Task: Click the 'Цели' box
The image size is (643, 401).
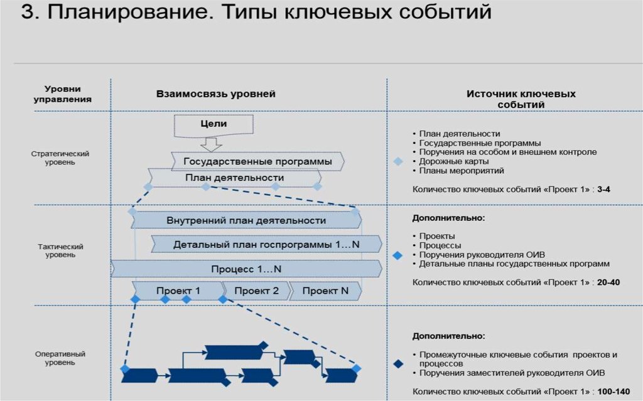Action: pyautogui.click(x=213, y=125)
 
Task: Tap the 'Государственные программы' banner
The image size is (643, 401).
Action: pyautogui.click(x=257, y=162)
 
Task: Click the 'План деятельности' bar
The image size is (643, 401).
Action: pyautogui.click(x=234, y=178)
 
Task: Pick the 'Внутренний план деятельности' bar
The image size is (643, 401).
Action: pyautogui.click(x=246, y=220)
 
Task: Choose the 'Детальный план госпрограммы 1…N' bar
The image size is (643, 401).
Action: pyautogui.click(x=266, y=244)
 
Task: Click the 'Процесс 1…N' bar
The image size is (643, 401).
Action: pyautogui.click(x=246, y=269)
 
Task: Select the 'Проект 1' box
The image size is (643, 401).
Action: pyautogui.click(x=178, y=291)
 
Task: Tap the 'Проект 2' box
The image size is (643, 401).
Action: pyautogui.click(x=257, y=291)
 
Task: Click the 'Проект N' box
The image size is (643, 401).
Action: pyautogui.click(x=325, y=291)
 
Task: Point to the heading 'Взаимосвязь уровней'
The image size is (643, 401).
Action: pyautogui.click(x=216, y=94)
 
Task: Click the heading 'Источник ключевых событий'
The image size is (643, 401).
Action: pyautogui.click(x=521, y=99)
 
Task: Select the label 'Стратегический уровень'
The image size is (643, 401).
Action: pyautogui.click(x=60, y=158)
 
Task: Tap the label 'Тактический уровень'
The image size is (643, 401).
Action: pyautogui.click(x=60, y=250)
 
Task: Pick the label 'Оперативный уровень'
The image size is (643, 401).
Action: pyautogui.click(x=60, y=358)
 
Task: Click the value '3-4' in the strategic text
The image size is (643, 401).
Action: pyautogui.click(x=605, y=189)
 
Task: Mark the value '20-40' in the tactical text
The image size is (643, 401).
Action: pyautogui.click(x=608, y=282)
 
